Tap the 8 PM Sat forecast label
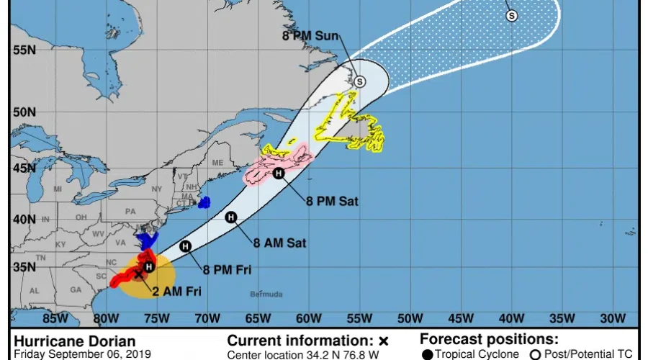[333, 202]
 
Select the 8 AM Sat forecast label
[281, 243]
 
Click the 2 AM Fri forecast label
[176, 291]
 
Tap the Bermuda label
[266, 294]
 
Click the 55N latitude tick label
[24, 50]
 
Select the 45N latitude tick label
[24, 168]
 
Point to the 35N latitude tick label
[24, 266]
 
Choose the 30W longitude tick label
[612, 319]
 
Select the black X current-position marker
[138, 274]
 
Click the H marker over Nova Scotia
[279, 173]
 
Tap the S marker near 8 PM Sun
[359, 81]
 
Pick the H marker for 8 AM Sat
[231, 217]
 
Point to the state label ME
[217, 163]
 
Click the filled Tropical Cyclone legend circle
[428, 354]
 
